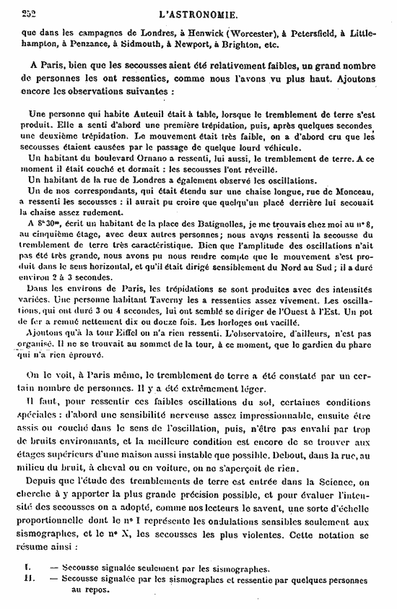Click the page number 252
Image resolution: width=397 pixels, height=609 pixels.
tap(31, 12)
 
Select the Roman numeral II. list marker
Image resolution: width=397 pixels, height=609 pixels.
tap(27, 580)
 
